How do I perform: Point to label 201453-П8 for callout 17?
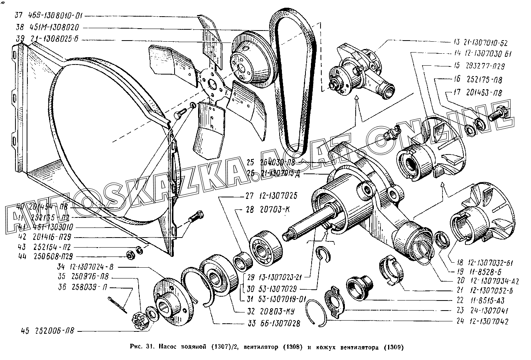(483, 93)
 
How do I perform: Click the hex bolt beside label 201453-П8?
(500, 114)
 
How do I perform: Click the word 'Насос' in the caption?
(169, 346)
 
